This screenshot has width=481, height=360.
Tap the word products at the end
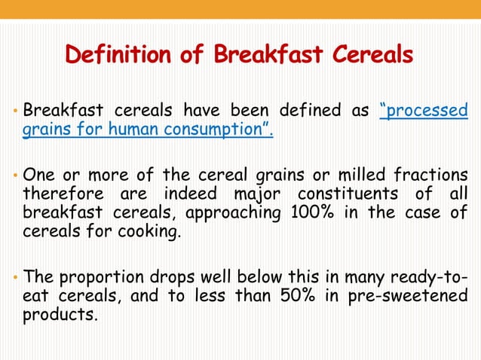point(60,315)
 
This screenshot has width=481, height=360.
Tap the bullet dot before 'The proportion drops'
point(16,279)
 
